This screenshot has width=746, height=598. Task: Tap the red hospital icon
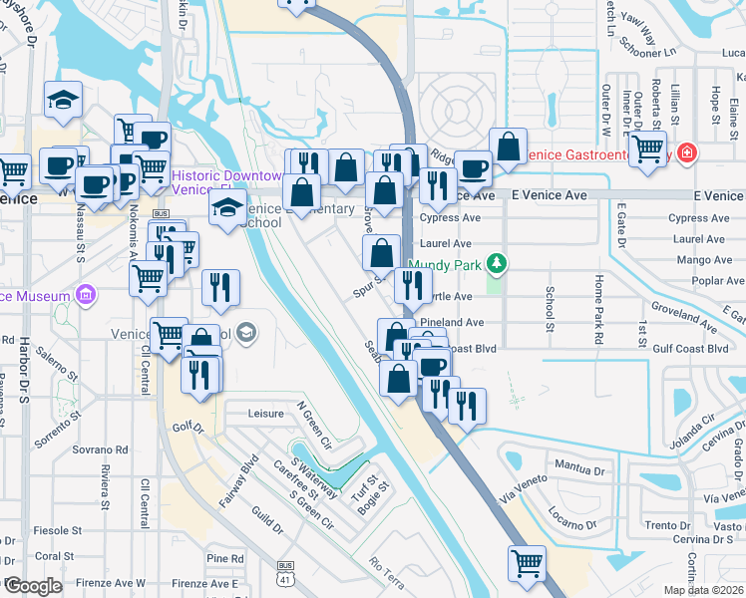click(686, 153)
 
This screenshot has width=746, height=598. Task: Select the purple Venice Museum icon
click(85, 296)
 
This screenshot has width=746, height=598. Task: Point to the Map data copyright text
click(704, 590)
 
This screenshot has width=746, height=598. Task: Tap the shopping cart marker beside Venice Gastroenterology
click(648, 149)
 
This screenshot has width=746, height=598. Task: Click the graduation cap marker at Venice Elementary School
click(227, 207)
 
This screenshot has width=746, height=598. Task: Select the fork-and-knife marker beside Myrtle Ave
click(412, 284)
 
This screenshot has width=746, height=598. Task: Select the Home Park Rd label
click(599, 309)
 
